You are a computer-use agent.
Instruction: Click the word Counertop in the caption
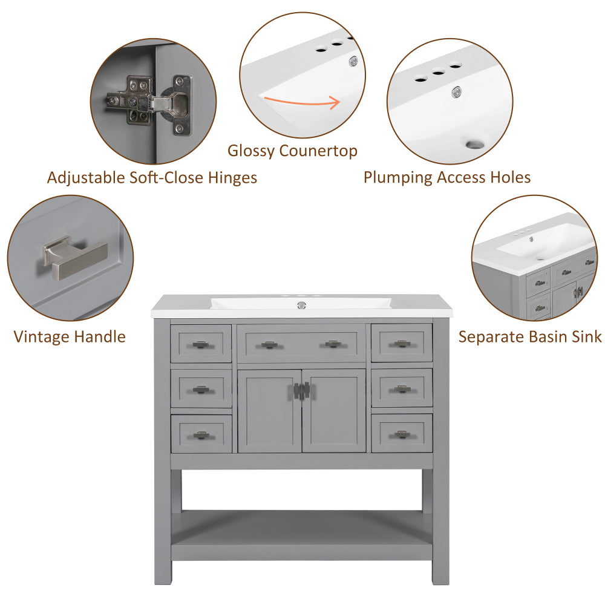click(x=318, y=151)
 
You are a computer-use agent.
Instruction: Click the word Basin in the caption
click(x=530, y=337)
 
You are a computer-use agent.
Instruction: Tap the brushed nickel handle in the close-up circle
click(x=74, y=255)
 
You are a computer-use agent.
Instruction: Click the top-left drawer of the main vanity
click(x=201, y=344)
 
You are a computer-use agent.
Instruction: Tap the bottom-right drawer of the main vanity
click(x=402, y=433)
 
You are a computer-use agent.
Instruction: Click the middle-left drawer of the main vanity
click(x=201, y=388)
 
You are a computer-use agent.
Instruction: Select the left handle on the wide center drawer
click(x=269, y=345)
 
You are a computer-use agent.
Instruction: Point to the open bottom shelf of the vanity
click(x=301, y=526)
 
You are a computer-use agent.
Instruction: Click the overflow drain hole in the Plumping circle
click(x=476, y=145)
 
